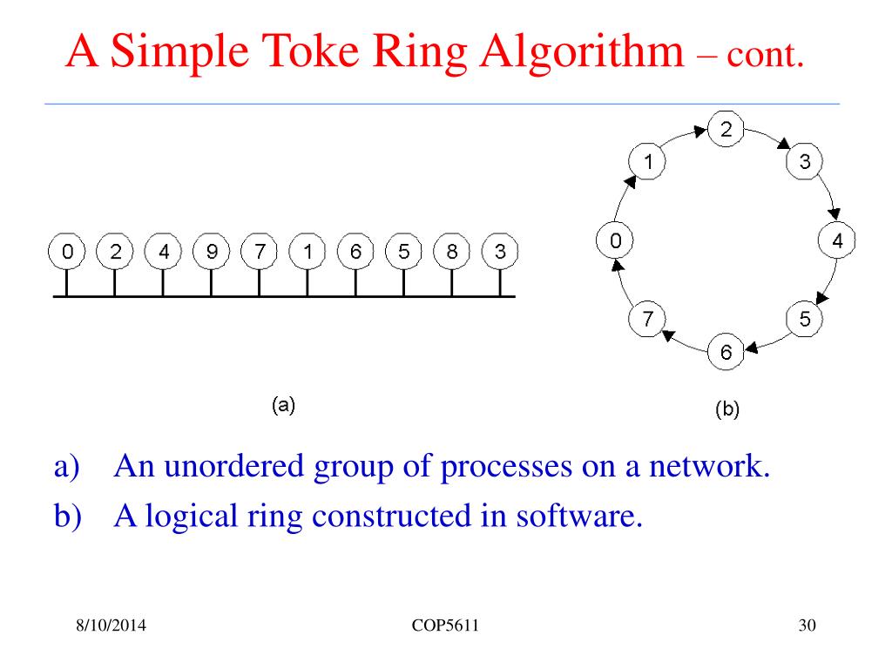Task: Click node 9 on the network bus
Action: pos(211,253)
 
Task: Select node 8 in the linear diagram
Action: pos(451,253)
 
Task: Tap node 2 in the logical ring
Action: pos(726,130)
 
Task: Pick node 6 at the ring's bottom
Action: pos(726,352)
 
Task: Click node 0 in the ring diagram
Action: pos(615,241)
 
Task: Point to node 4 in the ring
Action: pos(836,241)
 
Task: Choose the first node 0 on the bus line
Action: pos(66,253)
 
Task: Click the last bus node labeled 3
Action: pos(499,253)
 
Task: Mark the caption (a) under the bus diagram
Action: pos(284,404)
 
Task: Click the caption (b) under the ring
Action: pos(726,409)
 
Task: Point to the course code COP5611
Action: pos(447,627)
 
